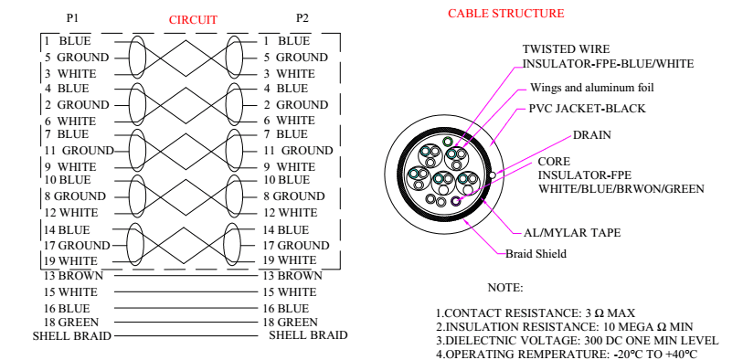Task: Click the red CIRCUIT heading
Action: point(193,20)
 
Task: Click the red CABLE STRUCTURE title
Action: point(506,14)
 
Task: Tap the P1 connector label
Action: point(72,18)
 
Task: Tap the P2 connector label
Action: point(303,18)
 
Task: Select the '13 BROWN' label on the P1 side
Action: point(73,276)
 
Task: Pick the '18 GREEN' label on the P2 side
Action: point(291,323)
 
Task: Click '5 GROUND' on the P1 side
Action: point(77,58)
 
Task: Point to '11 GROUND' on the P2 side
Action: point(299,151)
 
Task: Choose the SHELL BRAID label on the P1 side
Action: point(71,336)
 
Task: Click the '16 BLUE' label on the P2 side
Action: point(286,309)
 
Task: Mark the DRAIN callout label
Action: point(592,135)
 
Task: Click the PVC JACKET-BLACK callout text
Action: point(587,109)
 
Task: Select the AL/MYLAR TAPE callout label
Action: point(572,233)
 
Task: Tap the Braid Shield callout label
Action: point(536,254)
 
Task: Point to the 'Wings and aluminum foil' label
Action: point(592,88)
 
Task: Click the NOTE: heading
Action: point(505,288)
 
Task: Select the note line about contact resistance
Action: point(536,313)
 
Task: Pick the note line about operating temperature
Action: point(567,354)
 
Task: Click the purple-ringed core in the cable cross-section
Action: point(456,201)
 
